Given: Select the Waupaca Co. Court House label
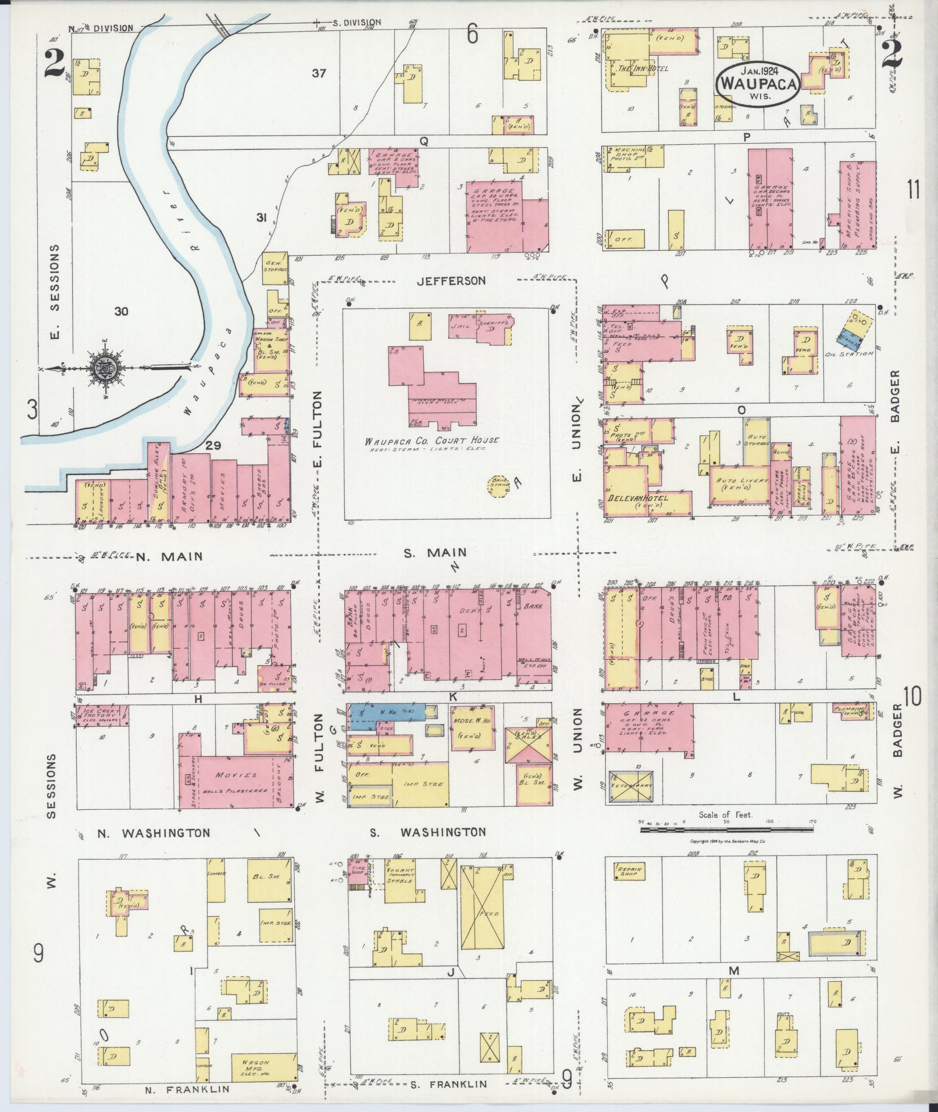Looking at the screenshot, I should point(431,441).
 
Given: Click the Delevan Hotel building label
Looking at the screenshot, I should point(638,498).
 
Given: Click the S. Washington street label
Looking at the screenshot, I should point(427,832).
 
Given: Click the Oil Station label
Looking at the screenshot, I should point(849,353).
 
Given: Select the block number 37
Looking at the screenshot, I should point(319,73).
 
